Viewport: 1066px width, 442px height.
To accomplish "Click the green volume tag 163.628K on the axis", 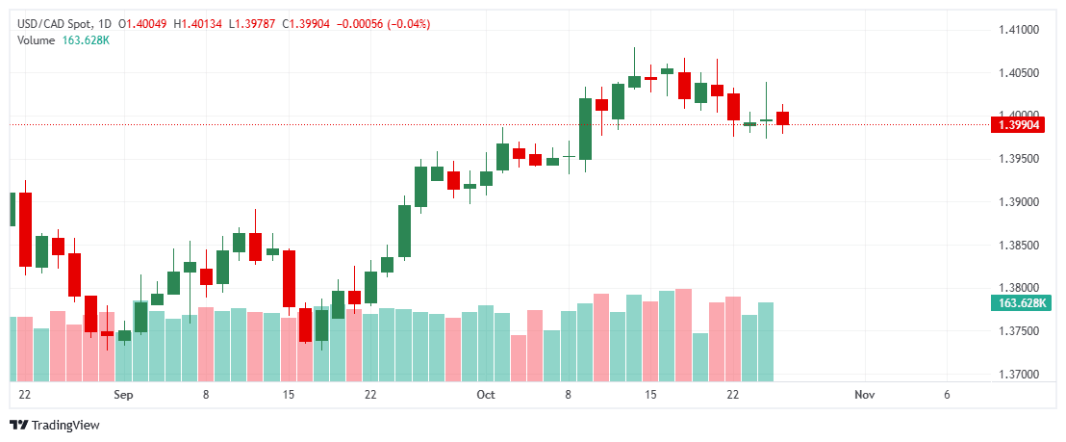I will click(x=1023, y=303).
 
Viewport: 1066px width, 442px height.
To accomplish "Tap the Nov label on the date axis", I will click(x=864, y=395).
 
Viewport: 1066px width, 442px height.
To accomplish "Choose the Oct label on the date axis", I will click(x=486, y=395).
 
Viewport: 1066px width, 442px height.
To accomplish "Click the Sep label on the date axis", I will click(x=122, y=395).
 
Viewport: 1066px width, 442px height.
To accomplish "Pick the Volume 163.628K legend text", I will click(x=63, y=39).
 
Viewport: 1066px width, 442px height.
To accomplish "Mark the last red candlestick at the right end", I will click(x=783, y=118).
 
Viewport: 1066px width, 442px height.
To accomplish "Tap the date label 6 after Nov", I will click(x=947, y=395).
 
